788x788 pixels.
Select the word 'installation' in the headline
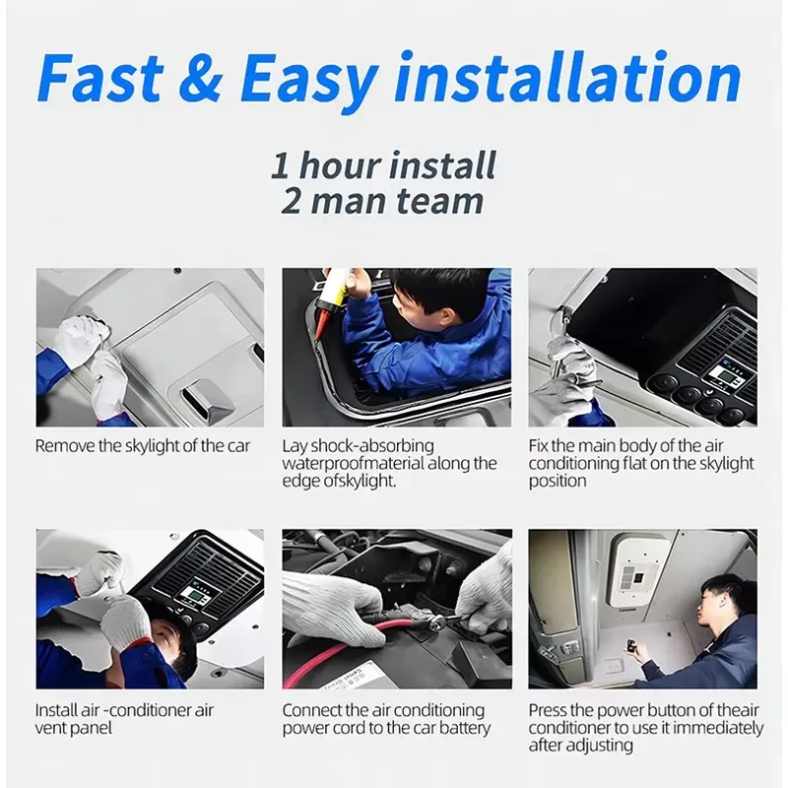[x=568, y=77]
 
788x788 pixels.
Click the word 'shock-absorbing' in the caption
[x=372, y=446]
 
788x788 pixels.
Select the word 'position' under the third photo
[x=558, y=481]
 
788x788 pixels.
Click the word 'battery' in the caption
[x=464, y=728]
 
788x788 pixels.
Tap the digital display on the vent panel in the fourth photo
[x=191, y=596]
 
